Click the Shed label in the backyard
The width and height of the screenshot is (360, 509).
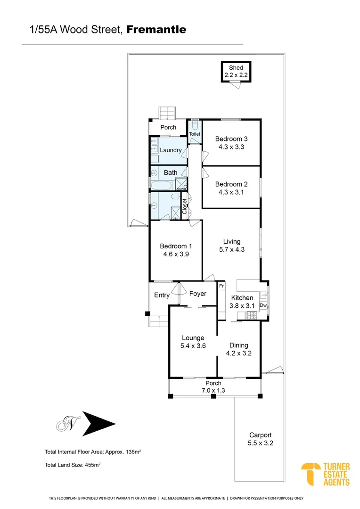(236, 68)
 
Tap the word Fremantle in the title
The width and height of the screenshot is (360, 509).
(156, 30)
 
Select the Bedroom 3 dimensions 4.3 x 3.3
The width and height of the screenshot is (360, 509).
(231, 147)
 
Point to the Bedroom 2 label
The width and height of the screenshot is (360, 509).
(231, 184)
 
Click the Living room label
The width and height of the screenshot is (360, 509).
(232, 242)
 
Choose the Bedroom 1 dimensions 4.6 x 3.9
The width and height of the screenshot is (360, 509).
(176, 254)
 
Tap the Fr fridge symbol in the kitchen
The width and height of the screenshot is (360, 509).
(221, 286)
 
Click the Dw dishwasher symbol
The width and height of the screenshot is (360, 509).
(263, 305)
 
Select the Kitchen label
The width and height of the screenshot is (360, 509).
(242, 298)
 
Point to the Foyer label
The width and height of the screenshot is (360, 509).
(198, 294)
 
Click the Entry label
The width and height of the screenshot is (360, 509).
(162, 295)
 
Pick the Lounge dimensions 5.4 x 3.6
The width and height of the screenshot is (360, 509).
(193, 345)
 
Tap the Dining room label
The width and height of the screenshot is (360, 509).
(238, 345)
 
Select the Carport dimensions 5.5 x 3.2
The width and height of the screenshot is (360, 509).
(261, 443)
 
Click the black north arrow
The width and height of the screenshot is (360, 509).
(98, 423)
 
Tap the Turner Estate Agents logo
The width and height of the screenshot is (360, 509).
(326, 474)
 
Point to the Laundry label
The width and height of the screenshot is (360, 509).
(171, 150)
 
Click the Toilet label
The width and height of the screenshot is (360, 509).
(195, 134)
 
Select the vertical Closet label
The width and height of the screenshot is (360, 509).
(185, 206)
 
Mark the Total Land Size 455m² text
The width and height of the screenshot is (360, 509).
(73, 464)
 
